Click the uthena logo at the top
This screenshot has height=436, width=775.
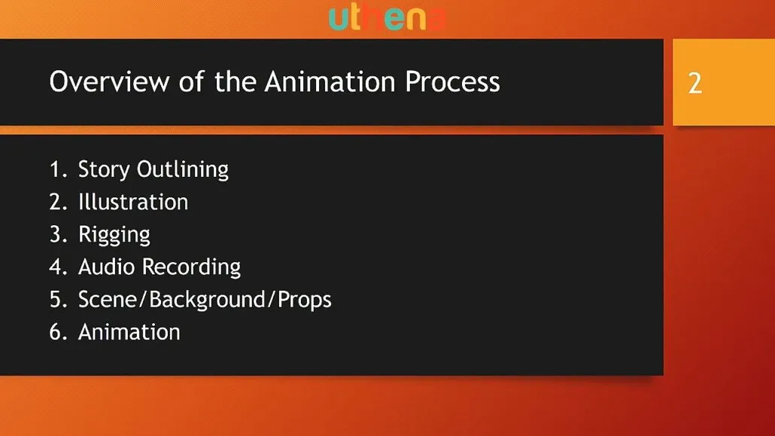tap(387, 18)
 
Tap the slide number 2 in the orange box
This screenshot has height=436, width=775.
tap(695, 83)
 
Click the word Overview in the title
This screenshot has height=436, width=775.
tap(109, 81)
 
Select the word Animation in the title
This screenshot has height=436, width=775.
tap(330, 81)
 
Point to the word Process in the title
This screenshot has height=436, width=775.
tap(452, 81)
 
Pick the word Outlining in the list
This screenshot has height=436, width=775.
tap(182, 169)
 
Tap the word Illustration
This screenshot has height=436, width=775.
tap(133, 202)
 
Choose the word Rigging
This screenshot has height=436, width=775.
tap(114, 236)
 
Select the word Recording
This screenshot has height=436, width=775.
tap(191, 268)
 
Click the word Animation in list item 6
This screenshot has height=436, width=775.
tap(129, 332)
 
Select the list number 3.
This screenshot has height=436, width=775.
tap(59, 235)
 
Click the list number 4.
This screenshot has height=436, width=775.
tap(59, 267)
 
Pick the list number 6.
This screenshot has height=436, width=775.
tap(59, 332)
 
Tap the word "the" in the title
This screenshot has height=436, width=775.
tap(235, 81)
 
